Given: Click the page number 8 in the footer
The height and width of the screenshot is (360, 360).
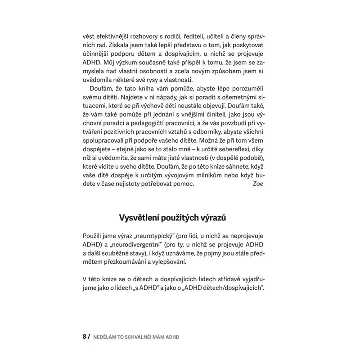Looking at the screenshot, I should click(x=84, y=337).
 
